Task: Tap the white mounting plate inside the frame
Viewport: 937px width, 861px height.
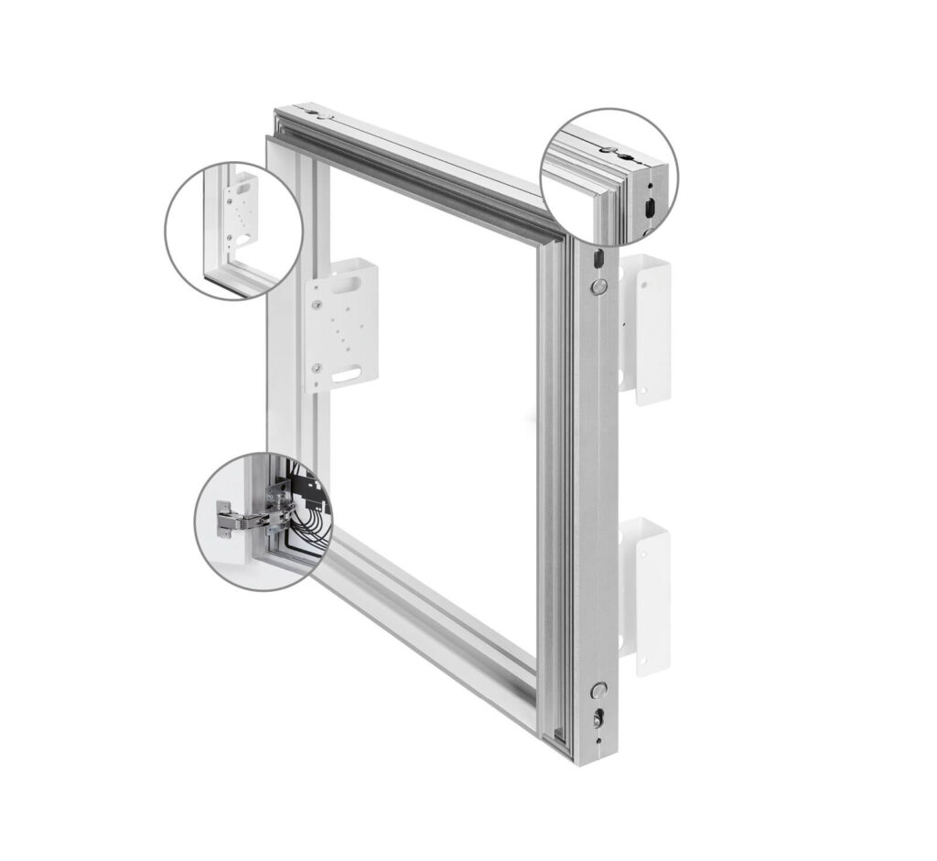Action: coord(341,325)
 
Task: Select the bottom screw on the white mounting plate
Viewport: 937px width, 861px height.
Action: coord(318,368)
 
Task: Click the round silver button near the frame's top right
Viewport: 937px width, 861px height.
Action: coord(598,287)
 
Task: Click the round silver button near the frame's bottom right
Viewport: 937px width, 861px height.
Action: coord(600,691)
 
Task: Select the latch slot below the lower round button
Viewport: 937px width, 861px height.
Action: coord(599,719)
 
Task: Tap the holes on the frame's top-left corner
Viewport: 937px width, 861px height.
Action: coord(317,114)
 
